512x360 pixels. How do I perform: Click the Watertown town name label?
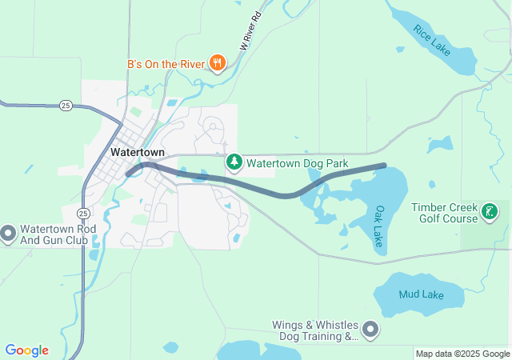pyautogui.click(x=138, y=152)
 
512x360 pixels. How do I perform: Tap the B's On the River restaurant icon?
pyautogui.click(x=217, y=63)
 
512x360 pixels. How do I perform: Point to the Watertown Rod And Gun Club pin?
pyautogui.click(x=8, y=234)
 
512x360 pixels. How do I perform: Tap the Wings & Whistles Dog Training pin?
pyautogui.click(x=370, y=329)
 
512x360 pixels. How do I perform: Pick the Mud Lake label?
pyautogui.click(x=422, y=295)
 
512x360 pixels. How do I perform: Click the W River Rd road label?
pyautogui.click(x=251, y=32)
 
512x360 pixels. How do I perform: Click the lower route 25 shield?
pyautogui.click(x=83, y=213)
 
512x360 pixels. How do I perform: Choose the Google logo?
pyautogui.click(x=26, y=350)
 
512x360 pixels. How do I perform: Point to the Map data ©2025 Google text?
pyautogui.click(x=462, y=354)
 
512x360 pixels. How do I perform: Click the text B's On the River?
pyautogui.click(x=166, y=63)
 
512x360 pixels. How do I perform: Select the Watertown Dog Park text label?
pyautogui.click(x=298, y=163)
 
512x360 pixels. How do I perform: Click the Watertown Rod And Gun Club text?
pyautogui.click(x=58, y=234)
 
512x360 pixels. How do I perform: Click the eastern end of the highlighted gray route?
pyautogui.click(x=384, y=166)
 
